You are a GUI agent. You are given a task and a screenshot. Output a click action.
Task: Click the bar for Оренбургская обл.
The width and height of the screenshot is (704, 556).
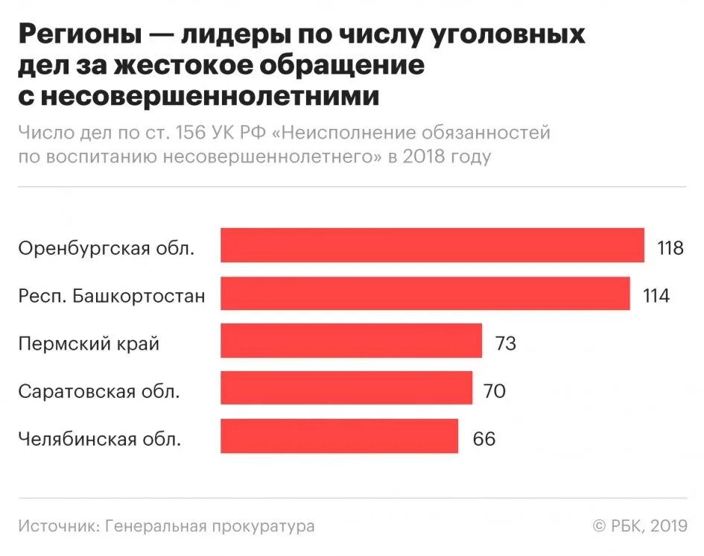coord(432,245)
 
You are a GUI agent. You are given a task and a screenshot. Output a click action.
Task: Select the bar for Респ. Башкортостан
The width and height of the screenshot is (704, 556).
coord(425,293)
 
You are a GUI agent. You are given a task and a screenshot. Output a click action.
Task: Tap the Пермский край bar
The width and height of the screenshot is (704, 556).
coord(351,341)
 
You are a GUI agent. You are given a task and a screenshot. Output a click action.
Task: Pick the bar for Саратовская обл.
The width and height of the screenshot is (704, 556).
coord(346,388)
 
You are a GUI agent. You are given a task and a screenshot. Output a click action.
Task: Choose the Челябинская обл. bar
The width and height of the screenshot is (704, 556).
coord(339,436)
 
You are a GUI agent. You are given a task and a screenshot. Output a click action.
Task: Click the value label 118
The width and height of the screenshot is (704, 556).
coord(670,247)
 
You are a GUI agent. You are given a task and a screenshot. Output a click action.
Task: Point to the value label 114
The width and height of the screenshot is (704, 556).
coord(656,295)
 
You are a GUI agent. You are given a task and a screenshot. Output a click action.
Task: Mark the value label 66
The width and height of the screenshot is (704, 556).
coord(483,438)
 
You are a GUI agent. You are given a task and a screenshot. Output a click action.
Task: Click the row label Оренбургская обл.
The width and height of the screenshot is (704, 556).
coord(107,248)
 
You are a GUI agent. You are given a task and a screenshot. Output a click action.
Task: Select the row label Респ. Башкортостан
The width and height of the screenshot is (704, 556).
coord(112,296)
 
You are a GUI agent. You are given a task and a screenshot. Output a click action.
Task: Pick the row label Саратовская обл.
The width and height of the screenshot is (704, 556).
coord(99,391)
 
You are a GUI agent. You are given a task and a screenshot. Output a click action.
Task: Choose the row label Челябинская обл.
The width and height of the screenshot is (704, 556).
coord(100,439)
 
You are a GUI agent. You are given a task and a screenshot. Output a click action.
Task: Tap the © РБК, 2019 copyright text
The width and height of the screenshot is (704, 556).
coord(639,526)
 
